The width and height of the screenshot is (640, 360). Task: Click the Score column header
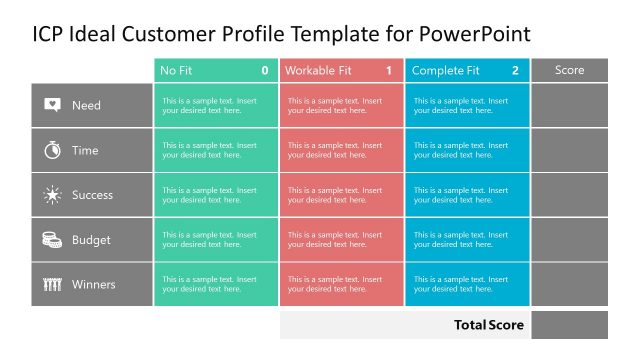569,70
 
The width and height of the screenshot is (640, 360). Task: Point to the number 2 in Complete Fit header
515,71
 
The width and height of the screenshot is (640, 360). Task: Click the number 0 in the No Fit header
264,71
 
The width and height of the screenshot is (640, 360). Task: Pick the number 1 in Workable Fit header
389,71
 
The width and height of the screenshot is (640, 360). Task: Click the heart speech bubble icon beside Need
52,105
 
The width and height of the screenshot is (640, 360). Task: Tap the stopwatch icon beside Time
52,150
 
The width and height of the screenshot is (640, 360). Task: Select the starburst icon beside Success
52,195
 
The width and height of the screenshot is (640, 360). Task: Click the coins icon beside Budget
52,240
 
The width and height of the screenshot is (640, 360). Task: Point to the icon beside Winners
52,285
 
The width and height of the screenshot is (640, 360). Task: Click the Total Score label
489,325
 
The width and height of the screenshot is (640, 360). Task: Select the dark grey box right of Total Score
569,325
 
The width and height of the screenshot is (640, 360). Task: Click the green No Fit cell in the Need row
216,105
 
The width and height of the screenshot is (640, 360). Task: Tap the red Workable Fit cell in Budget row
341,240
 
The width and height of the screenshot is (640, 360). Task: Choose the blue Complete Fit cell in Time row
466,150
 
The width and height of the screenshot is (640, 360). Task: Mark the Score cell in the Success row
569,195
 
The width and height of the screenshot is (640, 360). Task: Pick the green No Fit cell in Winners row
216,284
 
